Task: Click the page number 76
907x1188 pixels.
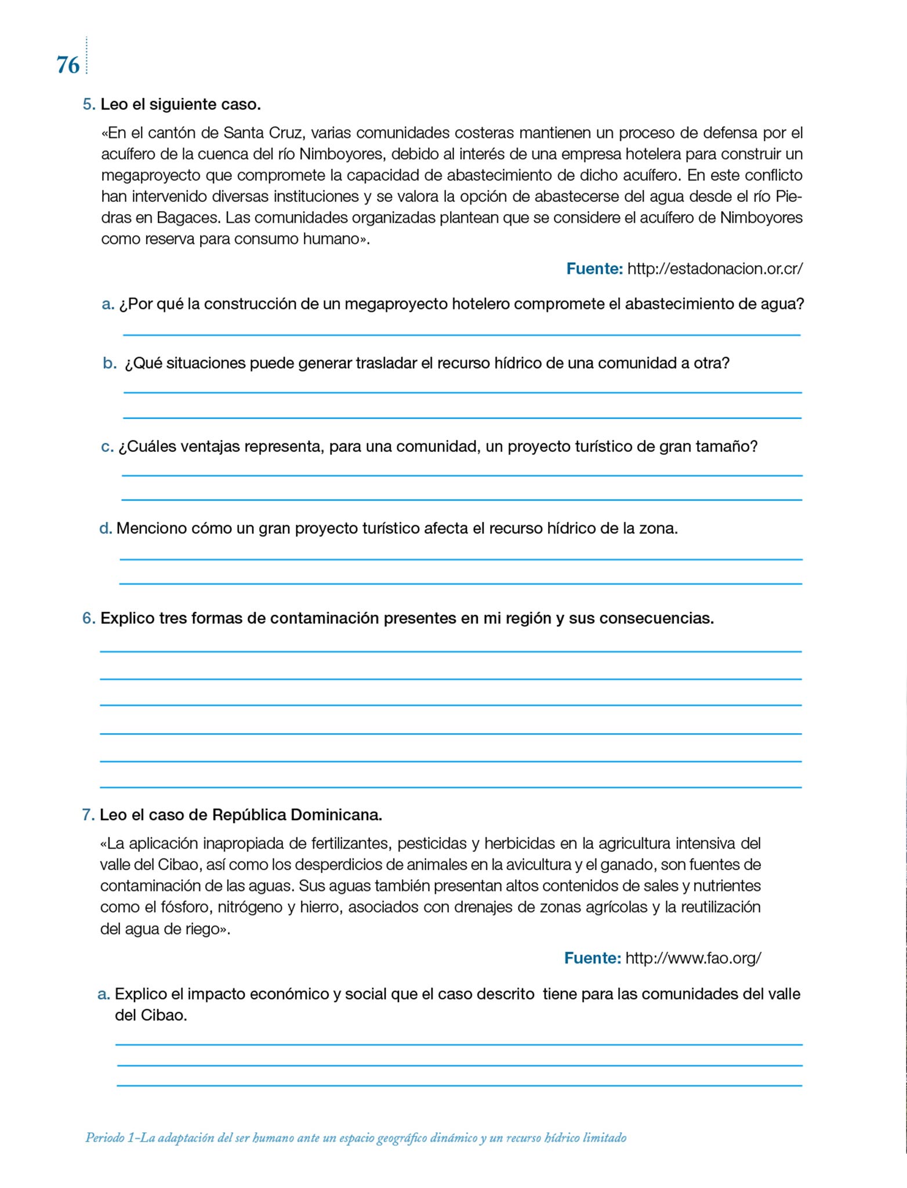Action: pyautogui.click(x=68, y=65)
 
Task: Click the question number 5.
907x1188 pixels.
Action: pyautogui.click(x=88, y=104)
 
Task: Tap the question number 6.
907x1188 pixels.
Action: pyautogui.click(x=88, y=618)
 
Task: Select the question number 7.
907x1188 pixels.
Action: pyautogui.click(x=88, y=815)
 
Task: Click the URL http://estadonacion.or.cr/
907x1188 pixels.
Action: pyautogui.click(x=715, y=269)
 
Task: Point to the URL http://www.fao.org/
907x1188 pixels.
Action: pyautogui.click(x=693, y=958)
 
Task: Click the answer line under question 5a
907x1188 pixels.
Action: pyautogui.click(x=462, y=334)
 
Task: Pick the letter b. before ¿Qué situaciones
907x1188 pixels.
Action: pyautogui.click(x=110, y=364)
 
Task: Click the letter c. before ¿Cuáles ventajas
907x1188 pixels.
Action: pyautogui.click(x=107, y=447)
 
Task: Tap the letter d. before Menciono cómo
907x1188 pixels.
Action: pyautogui.click(x=106, y=528)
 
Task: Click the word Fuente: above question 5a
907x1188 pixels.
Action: pyautogui.click(x=594, y=269)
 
